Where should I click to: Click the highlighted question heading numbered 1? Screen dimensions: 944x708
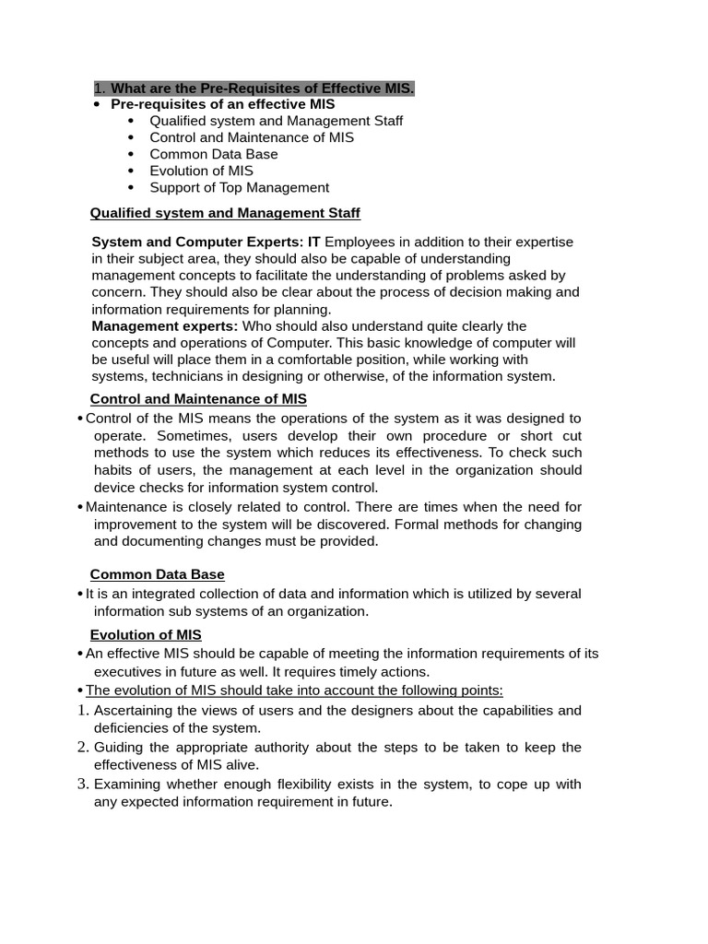[x=254, y=88]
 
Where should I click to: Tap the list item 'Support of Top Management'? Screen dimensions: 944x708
[x=239, y=187]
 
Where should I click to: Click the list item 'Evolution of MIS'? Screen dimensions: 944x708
[x=201, y=171]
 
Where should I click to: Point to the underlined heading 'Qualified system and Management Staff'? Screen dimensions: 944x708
[x=225, y=213]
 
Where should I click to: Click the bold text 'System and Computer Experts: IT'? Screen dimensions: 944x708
[x=206, y=242]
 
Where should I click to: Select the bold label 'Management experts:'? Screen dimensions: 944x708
[x=165, y=325]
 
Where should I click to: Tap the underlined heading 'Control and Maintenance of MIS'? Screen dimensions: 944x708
[x=198, y=399]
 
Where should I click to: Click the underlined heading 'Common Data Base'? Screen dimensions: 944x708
[x=157, y=574]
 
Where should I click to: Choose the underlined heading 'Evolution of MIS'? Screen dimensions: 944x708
[x=146, y=634]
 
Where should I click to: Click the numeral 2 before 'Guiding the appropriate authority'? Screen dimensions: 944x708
[x=83, y=747]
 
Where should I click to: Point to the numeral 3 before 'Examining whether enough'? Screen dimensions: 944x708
[x=83, y=784]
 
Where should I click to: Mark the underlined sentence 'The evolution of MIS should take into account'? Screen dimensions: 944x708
[x=294, y=690]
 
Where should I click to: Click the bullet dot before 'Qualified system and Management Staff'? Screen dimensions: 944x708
[x=131, y=121]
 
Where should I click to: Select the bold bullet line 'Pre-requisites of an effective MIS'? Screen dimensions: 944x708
[x=222, y=104]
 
